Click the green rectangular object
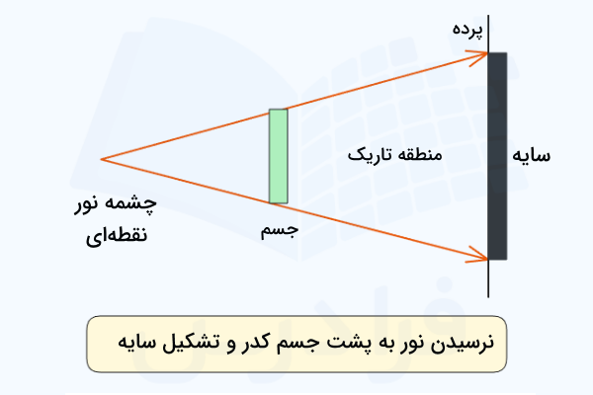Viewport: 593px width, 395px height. click(x=278, y=156)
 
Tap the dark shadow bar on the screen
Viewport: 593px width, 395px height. click(x=497, y=156)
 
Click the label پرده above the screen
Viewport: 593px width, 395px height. click(x=469, y=30)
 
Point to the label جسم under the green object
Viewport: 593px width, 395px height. click(x=278, y=229)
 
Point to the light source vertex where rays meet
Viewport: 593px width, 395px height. click(x=101, y=158)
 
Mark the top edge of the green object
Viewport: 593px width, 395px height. click(x=278, y=110)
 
